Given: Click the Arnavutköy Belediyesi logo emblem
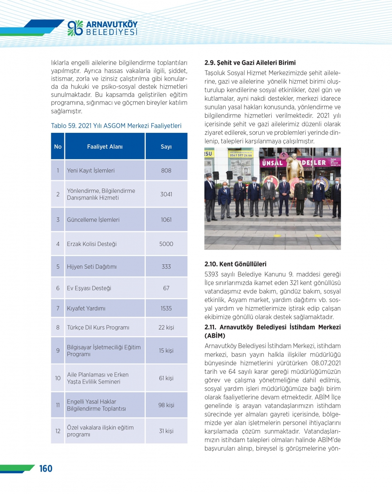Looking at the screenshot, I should (75, 28).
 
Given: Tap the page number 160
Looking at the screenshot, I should (46, 469).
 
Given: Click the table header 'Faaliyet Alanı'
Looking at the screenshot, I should (105, 147).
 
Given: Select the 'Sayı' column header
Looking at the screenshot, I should (166, 147).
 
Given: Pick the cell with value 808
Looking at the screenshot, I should (166, 170).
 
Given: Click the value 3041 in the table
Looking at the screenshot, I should (166, 194).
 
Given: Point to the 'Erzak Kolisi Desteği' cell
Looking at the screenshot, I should (92, 244).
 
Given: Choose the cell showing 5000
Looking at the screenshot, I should (166, 244).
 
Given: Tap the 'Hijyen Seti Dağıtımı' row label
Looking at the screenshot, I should (92, 266).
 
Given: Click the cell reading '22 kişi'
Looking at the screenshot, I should (166, 327).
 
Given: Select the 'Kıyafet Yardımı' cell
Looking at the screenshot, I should (86, 308).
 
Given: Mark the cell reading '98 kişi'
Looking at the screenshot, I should (166, 405).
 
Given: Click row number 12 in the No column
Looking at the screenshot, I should (58, 431).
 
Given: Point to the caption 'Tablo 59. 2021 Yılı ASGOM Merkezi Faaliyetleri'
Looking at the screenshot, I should (116, 126).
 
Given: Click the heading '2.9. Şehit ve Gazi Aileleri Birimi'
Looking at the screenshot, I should (250, 63).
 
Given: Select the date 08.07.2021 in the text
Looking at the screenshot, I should (326, 363).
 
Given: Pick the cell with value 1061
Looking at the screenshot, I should (166, 220).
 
